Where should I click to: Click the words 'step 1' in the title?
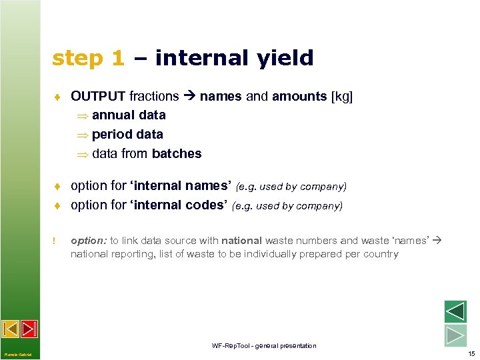click(x=88, y=59)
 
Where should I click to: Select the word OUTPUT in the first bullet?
click(x=99, y=97)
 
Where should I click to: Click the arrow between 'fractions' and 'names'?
click(x=189, y=97)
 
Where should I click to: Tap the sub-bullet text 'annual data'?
click(x=129, y=115)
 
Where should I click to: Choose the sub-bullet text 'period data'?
click(x=127, y=134)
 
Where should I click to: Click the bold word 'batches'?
click(x=177, y=154)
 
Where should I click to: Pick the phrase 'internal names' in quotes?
click(x=181, y=185)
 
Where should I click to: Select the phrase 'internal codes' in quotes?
click(x=181, y=205)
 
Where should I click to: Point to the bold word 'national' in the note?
click(x=241, y=241)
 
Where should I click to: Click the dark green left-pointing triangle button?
click(x=455, y=312)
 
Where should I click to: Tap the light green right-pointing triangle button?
click(x=455, y=335)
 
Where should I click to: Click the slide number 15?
click(x=471, y=353)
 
